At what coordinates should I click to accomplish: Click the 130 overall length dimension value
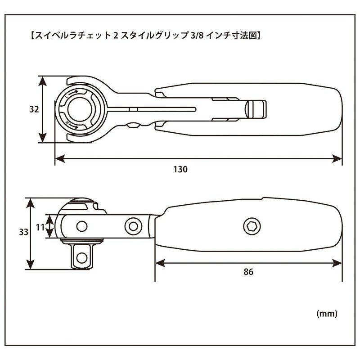180,170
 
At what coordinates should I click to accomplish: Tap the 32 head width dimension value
34,109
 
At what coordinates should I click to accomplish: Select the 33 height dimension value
23,232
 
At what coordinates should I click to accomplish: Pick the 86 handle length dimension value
249,272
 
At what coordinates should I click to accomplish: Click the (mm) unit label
326,312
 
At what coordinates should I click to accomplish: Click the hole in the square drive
81,257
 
